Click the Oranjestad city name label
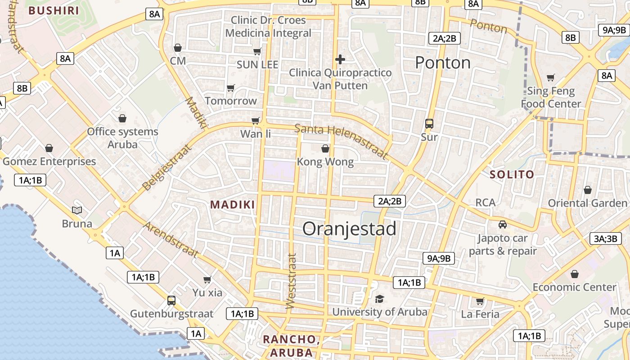(349, 229)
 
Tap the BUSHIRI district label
(54, 10)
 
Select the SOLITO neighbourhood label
(512, 174)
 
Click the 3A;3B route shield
(605, 238)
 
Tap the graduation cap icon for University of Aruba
(379, 299)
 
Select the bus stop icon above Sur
(429, 123)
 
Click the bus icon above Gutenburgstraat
(171, 300)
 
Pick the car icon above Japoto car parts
(502, 224)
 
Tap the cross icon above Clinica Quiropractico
(340, 59)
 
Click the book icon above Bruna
(77, 210)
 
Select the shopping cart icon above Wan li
(256, 121)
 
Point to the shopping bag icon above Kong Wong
(325, 148)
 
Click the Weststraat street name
(292, 281)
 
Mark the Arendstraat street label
(171, 239)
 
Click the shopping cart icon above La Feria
(480, 301)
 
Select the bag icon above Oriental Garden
(587, 190)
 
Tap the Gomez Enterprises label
(49, 161)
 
